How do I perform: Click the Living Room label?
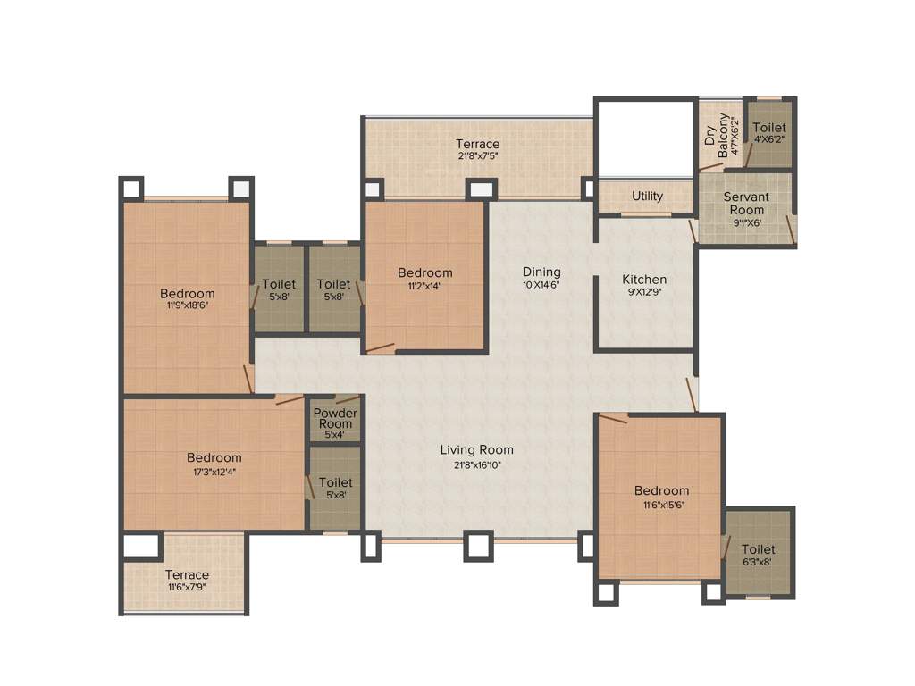tap(476, 449)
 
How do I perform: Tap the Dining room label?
tap(541, 272)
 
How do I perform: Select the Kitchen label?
tap(644, 279)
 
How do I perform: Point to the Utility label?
tap(647, 196)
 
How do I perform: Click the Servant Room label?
tap(745, 203)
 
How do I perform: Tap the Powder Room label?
tap(335, 418)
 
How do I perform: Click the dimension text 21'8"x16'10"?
tap(476, 464)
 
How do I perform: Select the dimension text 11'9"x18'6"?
tap(188, 305)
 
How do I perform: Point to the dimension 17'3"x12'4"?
tap(214, 472)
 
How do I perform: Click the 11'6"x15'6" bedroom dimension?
tap(661, 505)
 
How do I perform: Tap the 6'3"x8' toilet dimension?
tap(758, 564)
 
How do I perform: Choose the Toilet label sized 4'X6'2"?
tap(768, 129)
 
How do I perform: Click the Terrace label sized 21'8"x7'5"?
tap(477, 144)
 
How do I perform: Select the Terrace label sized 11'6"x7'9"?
tap(187, 574)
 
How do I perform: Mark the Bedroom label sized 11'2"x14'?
tap(424, 272)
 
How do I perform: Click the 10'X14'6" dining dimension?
tap(541, 286)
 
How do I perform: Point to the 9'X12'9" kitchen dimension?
tap(644, 291)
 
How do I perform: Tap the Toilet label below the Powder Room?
tap(335, 482)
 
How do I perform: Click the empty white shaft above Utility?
tap(645, 138)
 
